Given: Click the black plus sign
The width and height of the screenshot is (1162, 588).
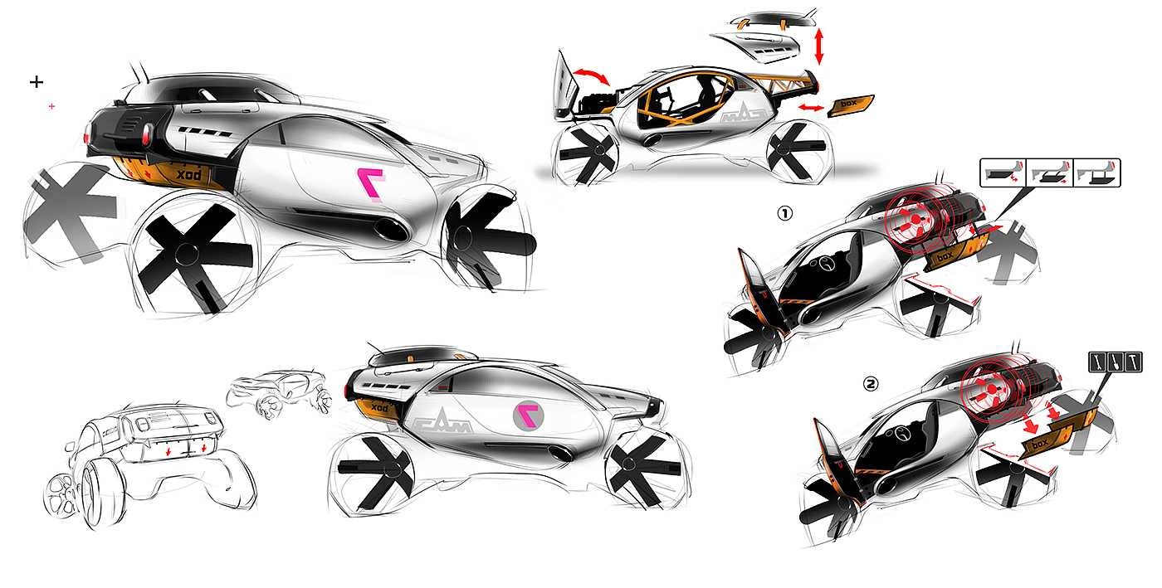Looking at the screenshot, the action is click(x=36, y=81).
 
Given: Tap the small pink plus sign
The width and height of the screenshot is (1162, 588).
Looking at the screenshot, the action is click(x=52, y=107).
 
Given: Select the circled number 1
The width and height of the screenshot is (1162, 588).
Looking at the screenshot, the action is click(x=784, y=213).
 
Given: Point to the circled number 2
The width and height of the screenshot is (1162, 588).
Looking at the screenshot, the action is click(x=847, y=385).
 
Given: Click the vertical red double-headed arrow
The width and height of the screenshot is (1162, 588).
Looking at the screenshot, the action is click(x=820, y=46).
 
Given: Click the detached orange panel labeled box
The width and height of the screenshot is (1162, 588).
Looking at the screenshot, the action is click(x=851, y=104).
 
